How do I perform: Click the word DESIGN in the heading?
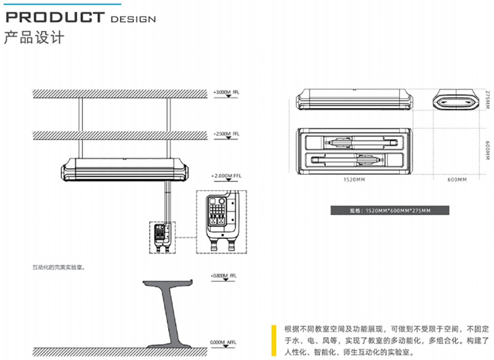pos(133,19)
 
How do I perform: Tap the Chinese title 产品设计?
pos(34,37)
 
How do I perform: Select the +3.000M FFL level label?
pos(226,92)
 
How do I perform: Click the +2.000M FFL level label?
pos(226,176)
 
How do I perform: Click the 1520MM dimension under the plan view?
pos(354,179)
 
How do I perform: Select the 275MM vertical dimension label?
pos(488,99)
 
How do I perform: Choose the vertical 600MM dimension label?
pos(488,151)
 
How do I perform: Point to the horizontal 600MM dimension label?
pos(457,179)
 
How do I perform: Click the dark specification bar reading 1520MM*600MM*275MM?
pos(390,211)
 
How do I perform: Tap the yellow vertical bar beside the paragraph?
pos(274,340)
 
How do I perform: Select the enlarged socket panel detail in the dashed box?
pos(221,222)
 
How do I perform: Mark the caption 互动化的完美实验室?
pos(58,267)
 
